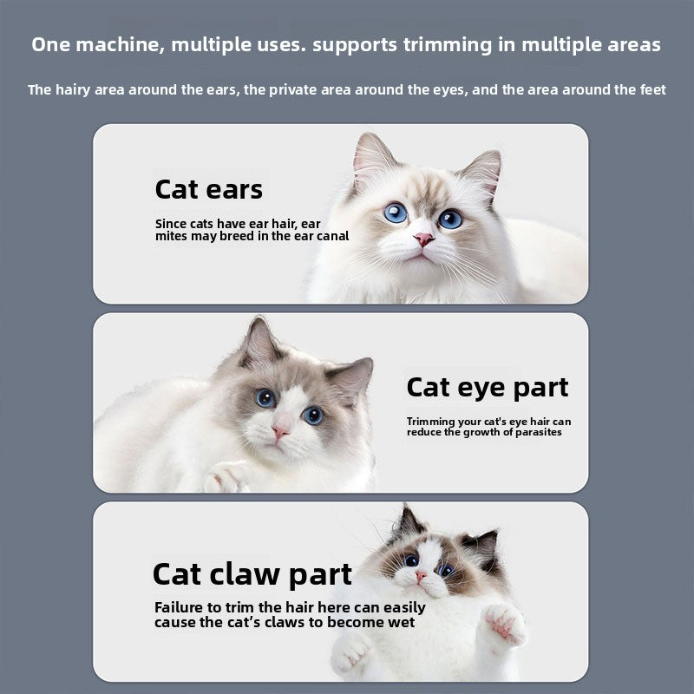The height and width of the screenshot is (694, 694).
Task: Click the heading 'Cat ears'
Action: (x=208, y=189)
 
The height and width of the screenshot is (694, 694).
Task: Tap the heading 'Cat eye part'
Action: (x=488, y=387)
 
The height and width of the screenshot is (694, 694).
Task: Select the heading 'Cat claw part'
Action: (x=252, y=574)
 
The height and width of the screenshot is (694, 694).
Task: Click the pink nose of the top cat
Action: (x=423, y=239)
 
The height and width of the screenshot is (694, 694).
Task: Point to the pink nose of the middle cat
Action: (x=280, y=430)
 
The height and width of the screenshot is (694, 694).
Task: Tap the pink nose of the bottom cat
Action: (x=421, y=576)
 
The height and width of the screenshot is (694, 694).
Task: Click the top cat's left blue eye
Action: (x=396, y=213)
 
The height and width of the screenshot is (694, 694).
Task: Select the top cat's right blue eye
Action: (x=449, y=219)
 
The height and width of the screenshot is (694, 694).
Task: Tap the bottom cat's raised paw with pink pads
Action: (x=504, y=623)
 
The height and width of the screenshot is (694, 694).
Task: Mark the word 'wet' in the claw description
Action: (x=401, y=622)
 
